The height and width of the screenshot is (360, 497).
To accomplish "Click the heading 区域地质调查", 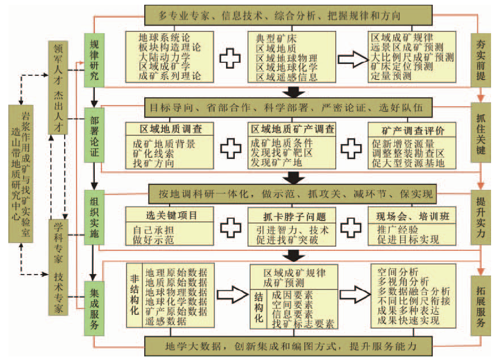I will tap(170, 129).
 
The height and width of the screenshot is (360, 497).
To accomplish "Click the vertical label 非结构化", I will tap(134, 294).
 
